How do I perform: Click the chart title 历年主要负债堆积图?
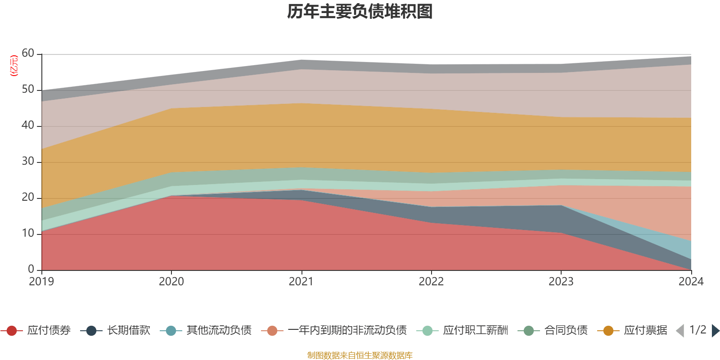pyautogui.click(x=360, y=12)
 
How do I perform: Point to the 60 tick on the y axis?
pyautogui.click(x=28, y=53)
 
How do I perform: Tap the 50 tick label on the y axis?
pyautogui.click(x=28, y=89)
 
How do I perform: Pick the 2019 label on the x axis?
pyautogui.click(x=41, y=282)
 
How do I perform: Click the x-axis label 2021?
pyautogui.click(x=301, y=282)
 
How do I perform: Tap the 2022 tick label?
pyautogui.click(x=431, y=282)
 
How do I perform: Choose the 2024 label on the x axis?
pyautogui.click(x=691, y=282)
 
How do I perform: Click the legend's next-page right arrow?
pyautogui.click(x=715, y=331)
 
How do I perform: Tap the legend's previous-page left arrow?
pyautogui.click(x=680, y=331)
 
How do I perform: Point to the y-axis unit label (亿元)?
pyautogui.click(x=14, y=66)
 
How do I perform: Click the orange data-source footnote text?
pyautogui.click(x=360, y=355)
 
